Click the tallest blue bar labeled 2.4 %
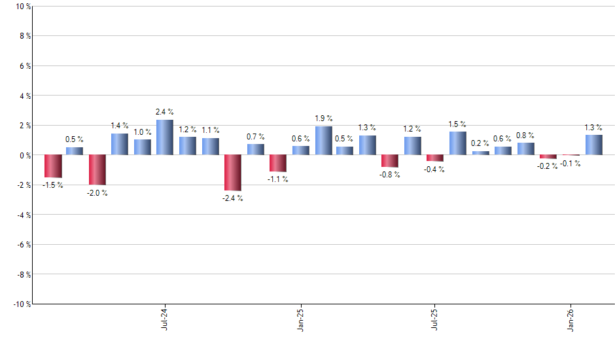(x=164, y=137)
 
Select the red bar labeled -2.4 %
(x=233, y=173)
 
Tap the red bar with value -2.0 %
(x=97, y=170)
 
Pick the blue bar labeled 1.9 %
(x=323, y=141)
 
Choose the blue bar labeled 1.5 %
(x=457, y=143)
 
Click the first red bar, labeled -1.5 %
(x=53, y=166)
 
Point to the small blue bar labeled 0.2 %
(x=480, y=153)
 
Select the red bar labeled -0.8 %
(x=390, y=161)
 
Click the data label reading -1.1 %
(x=278, y=179)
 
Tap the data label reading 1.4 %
(x=120, y=125)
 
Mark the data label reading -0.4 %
(x=435, y=169)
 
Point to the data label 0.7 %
(x=256, y=137)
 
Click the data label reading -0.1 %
(x=571, y=164)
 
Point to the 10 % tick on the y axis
(x=22, y=7)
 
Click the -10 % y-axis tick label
(x=21, y=304)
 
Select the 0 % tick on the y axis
(x=24, y=155)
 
